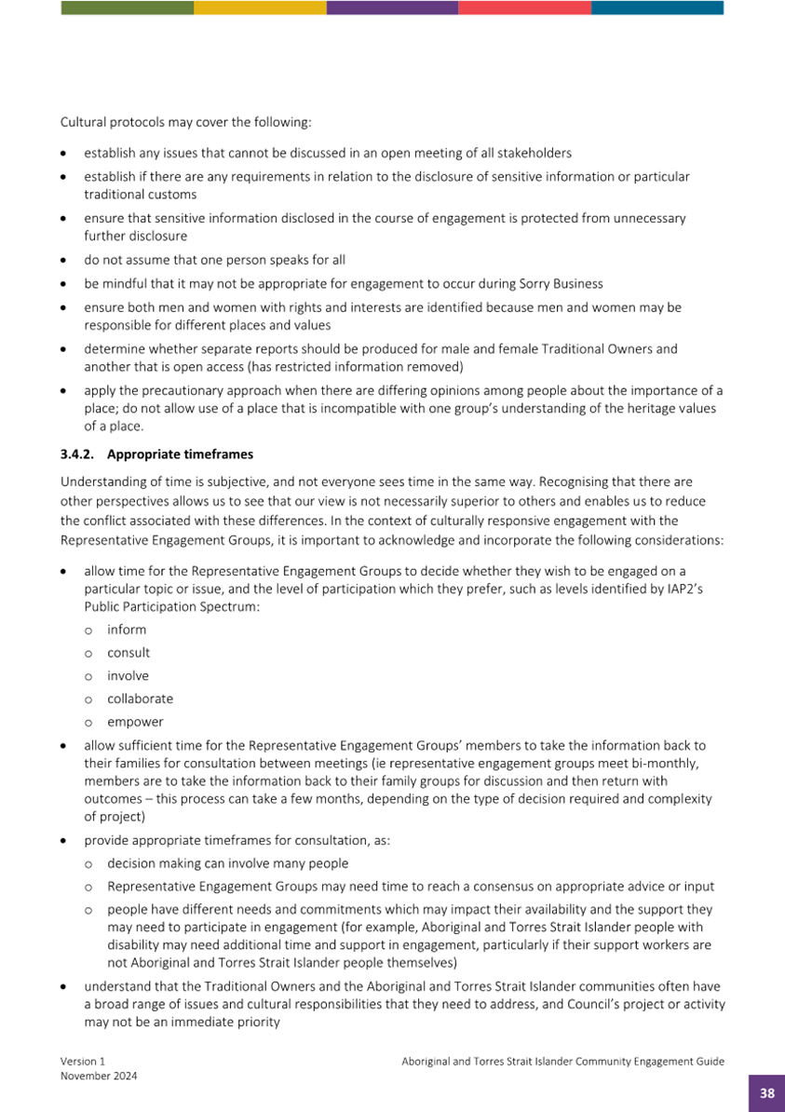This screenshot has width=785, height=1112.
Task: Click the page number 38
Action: pyautogui.click(x=766, y=1093)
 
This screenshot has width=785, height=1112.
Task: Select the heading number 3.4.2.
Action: pyautogui.click(x=78, y=454)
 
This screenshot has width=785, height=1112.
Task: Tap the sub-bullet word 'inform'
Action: pyautogui.click(x=127, y=630)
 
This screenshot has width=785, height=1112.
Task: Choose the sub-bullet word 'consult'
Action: pyautogui.click(x=129, y=653)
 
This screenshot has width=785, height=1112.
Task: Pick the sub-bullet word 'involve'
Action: pyautogui.click(x=128, y=676)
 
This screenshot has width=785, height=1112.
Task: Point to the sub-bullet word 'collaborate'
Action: pyautogui.click(x=140, y=698)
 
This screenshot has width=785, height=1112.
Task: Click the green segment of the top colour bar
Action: pyautogui.click(x=127, y=7)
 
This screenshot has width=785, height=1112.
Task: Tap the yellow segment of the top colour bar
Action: pyautogui.click(x=260, y=7)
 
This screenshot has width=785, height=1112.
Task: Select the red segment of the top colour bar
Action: pyautogui.click(x=524, y=7)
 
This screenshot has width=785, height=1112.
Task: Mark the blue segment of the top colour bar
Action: pyautogui.click(x=657, y=7)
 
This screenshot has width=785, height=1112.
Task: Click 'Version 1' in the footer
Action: pyautogui.click(x=84, y=1061)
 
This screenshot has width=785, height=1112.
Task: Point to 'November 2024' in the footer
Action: pyautogui.click(x=99, y=1076)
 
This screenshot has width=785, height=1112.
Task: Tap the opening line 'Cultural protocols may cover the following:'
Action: pyautogui.click(x=186, y=122)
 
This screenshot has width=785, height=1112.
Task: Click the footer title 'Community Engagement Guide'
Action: pyautogui.click(x=645, y=1061)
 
